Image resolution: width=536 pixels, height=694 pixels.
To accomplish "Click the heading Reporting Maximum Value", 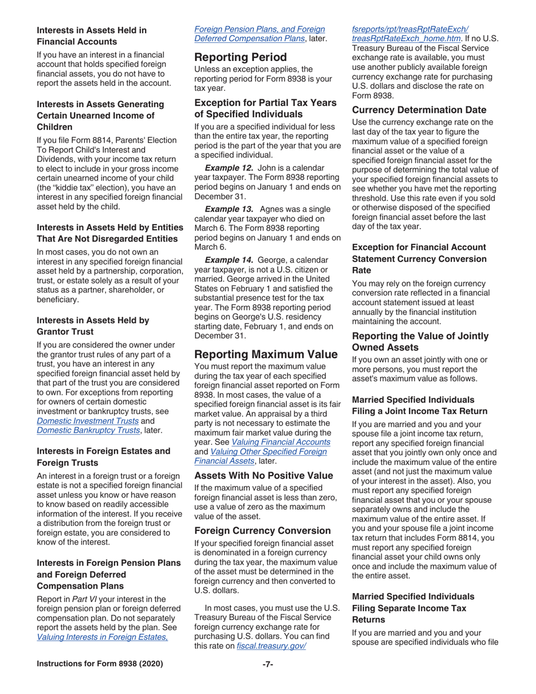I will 266,354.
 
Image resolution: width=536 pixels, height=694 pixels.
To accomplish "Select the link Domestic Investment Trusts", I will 87,420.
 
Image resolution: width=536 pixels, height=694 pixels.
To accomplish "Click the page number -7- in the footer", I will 268,664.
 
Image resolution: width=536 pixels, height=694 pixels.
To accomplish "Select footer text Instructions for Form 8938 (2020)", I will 100,664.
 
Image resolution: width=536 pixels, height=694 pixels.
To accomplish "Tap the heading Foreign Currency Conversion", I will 262,530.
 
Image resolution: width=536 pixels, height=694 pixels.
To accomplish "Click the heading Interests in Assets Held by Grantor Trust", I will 93,326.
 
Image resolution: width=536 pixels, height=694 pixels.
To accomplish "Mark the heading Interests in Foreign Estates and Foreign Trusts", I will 103,456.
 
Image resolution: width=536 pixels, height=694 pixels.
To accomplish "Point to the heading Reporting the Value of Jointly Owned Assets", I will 420,341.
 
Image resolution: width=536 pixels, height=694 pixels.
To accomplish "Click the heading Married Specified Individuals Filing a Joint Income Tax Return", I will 419,406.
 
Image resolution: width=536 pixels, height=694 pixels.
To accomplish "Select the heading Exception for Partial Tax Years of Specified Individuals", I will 265,108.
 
